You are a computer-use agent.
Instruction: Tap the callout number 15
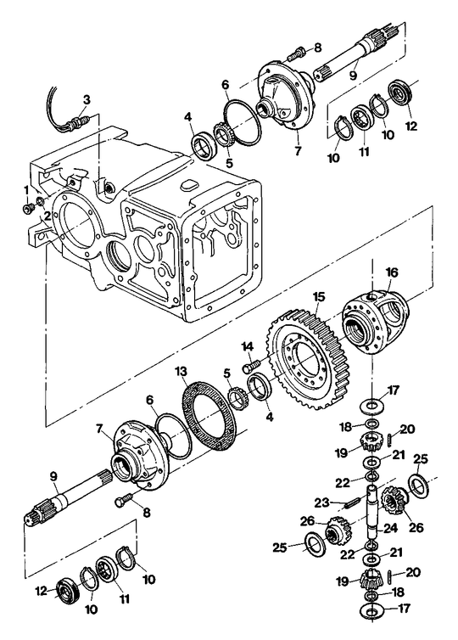(x=318, y=298)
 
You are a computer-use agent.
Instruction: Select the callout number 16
(x=391, y=272)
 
